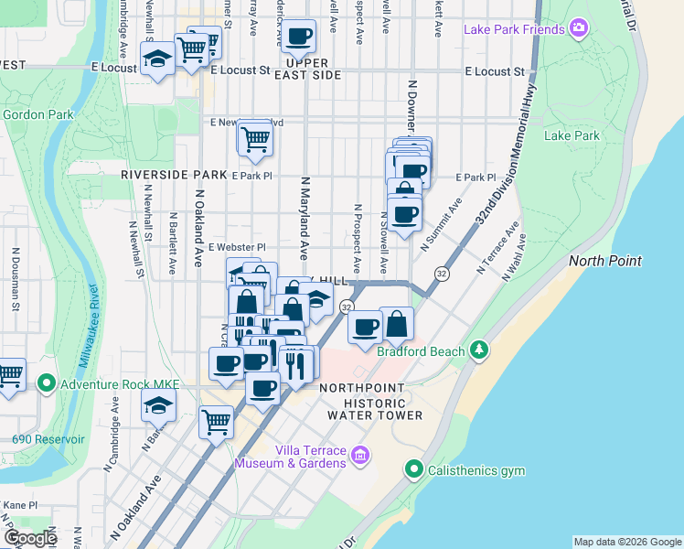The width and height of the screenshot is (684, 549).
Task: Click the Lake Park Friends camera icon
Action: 577,29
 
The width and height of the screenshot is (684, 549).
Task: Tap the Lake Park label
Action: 572,136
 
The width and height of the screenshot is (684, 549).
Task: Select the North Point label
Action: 604,261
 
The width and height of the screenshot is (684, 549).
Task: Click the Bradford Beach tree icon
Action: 478,349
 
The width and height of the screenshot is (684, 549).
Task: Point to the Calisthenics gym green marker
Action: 414,471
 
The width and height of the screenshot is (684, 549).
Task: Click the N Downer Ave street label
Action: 411,107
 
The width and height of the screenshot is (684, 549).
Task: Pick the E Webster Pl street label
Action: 236,247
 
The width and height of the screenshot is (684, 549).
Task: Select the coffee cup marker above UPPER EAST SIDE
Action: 298,38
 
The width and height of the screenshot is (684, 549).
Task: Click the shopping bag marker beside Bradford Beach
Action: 397,325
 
